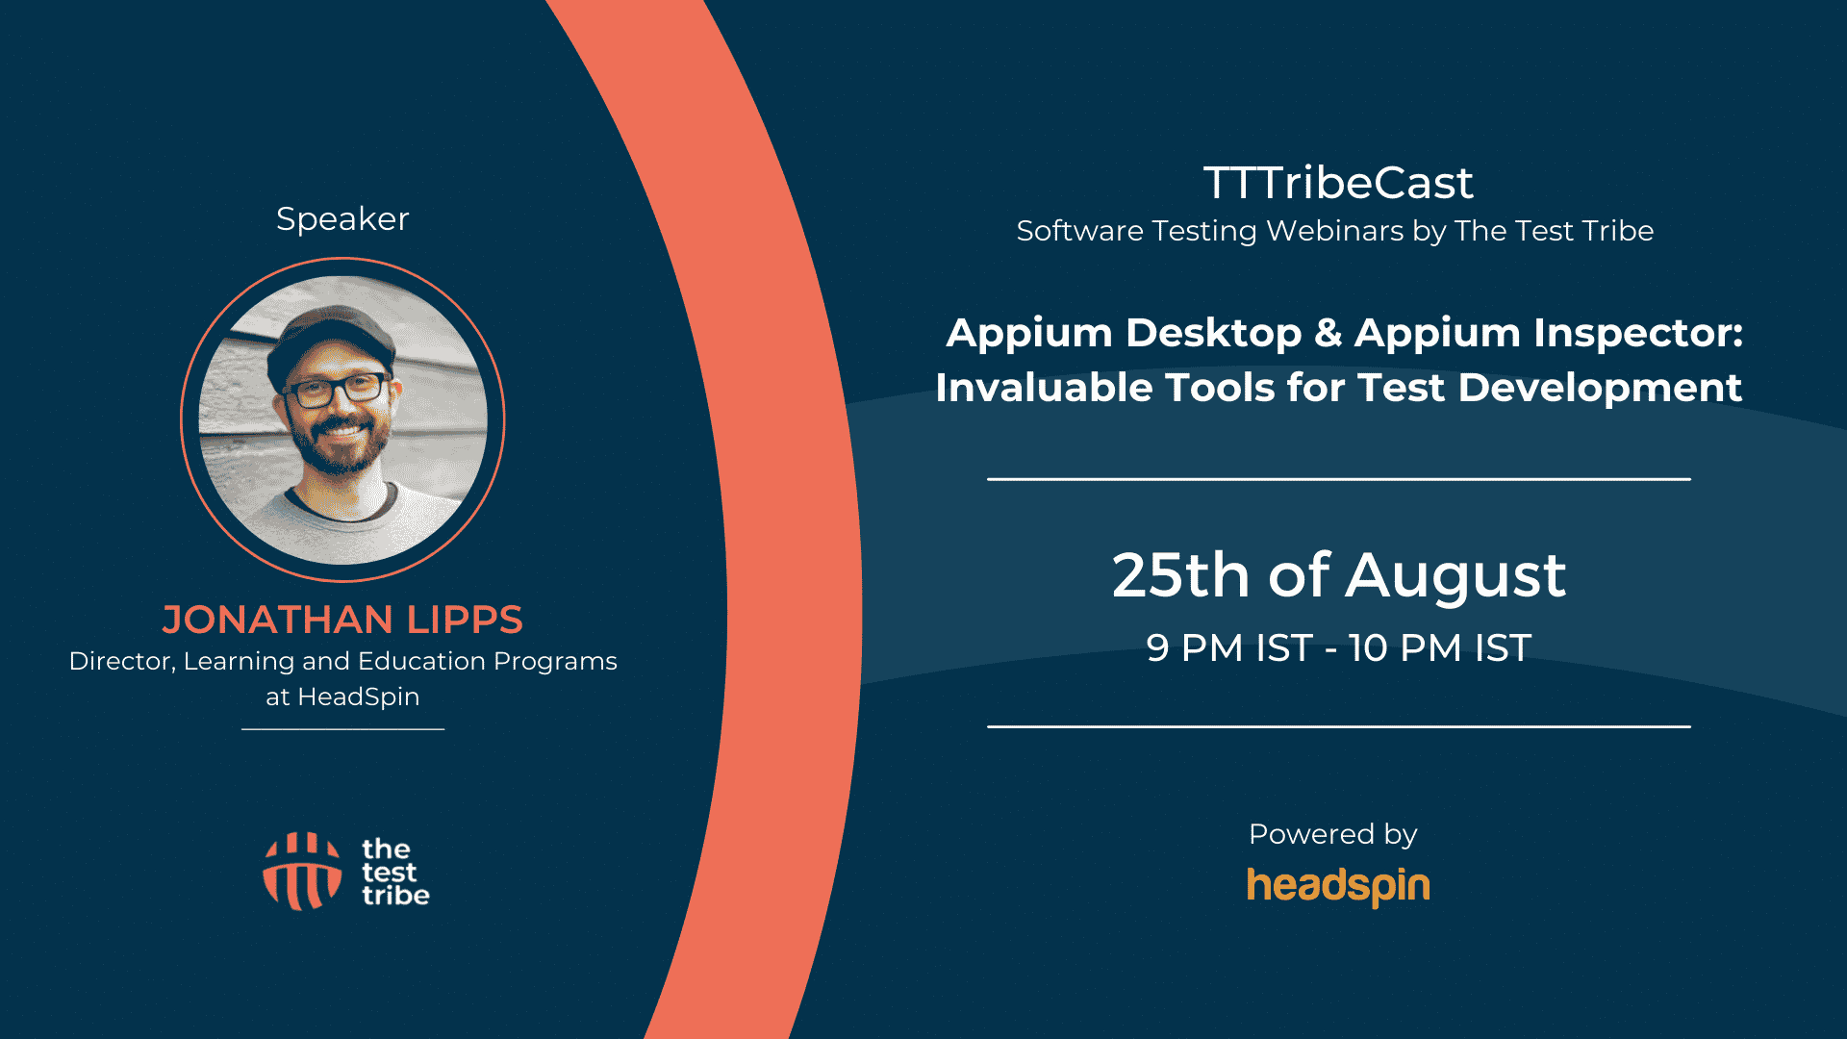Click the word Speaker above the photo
coord(342,219)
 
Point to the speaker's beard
coord(340,445)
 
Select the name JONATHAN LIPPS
coord(342,620)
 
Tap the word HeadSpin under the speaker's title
coord(359,697)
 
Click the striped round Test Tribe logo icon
coord(302,872)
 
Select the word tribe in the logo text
coord(395,896)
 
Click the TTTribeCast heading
coord(1338,183)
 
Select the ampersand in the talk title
coord(1328,333)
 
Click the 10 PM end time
coord(1405,648)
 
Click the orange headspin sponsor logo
coord(1338,886)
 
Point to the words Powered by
coord(1333,834)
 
